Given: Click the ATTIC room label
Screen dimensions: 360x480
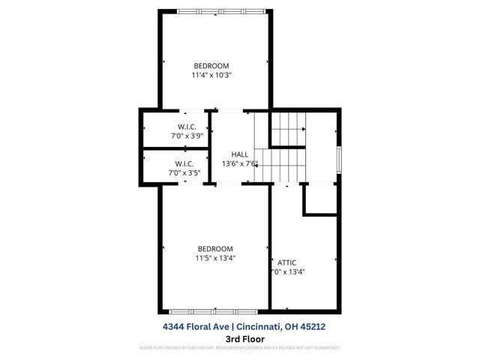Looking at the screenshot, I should coord(287,262).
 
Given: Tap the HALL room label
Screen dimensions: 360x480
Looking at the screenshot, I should coord(239,154).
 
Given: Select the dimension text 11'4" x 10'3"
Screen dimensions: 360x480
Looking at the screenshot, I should coord(211,75).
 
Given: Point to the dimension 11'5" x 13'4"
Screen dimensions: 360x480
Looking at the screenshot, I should coord(215,259).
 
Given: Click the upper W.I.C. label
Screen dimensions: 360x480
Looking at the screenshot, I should coord(187,126).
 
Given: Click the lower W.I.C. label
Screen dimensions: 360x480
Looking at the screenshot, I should coord(184,163).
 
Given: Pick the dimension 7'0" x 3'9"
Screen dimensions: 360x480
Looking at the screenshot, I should coord(187,136).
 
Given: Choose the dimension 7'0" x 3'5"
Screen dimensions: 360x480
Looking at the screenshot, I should coord(184,173).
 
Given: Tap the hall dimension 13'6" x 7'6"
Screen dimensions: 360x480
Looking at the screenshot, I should coord(239,164).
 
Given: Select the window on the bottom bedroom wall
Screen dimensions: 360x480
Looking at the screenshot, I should coord(215,310).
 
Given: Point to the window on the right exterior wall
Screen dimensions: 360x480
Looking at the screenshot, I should coord(339,159).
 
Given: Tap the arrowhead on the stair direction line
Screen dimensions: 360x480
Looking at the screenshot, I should coord(257,164).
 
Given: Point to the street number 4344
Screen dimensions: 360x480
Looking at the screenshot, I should coord(175,327).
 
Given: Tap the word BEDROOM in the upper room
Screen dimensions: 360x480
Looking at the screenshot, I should coord(211,65).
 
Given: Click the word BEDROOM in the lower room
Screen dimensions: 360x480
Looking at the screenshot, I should coord(215,249).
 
